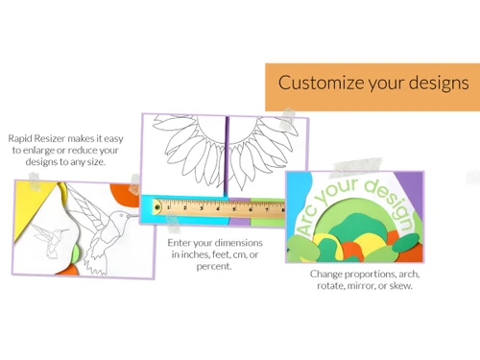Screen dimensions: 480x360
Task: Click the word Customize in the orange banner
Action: [x=322, y=83]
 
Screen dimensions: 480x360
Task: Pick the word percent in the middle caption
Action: [x=214, y=266]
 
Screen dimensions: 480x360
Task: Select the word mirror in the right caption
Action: [x=362, y=286]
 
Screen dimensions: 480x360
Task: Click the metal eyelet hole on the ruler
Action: [x=157, y=207]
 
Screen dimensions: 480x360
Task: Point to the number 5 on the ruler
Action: [x=234, y=209]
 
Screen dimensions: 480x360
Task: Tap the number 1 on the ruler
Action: [x=169, y=208]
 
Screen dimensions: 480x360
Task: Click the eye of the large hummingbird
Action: [x=121, y=215]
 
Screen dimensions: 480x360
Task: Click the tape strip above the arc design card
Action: [x=357, y=167]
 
